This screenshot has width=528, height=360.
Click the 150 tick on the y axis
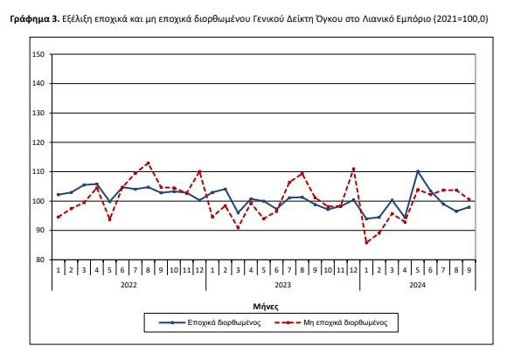click(39, 55)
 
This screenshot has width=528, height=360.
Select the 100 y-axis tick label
click(39, 201)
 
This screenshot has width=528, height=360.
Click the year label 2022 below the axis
click(129, 285)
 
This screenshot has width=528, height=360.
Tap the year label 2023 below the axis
click(282, 285)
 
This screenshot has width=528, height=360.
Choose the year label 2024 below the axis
click(417, 285)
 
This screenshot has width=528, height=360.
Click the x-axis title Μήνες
click(264, 306)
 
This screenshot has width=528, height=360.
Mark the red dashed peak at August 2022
click(149, 163)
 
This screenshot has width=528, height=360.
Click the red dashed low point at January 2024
click(366, 242)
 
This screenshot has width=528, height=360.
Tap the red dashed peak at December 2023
click(353, 168)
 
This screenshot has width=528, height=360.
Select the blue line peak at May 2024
click(418, 171)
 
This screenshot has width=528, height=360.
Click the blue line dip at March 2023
click(238, 213)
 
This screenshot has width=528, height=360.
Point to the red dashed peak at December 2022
click(199, 170)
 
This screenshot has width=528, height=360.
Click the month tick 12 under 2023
click(353, 270)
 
